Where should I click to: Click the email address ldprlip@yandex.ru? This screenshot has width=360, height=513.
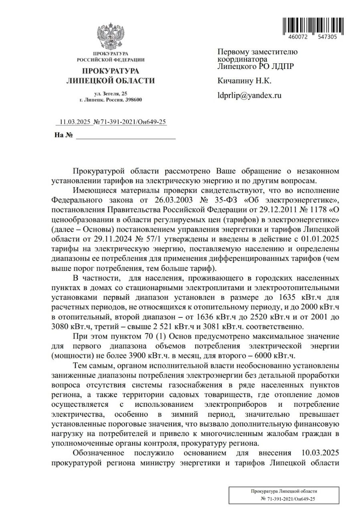tap(249, 95)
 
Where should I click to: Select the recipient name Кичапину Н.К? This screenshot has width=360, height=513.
tap(244, 81)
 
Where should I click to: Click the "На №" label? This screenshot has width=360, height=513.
tap(63, 135)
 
